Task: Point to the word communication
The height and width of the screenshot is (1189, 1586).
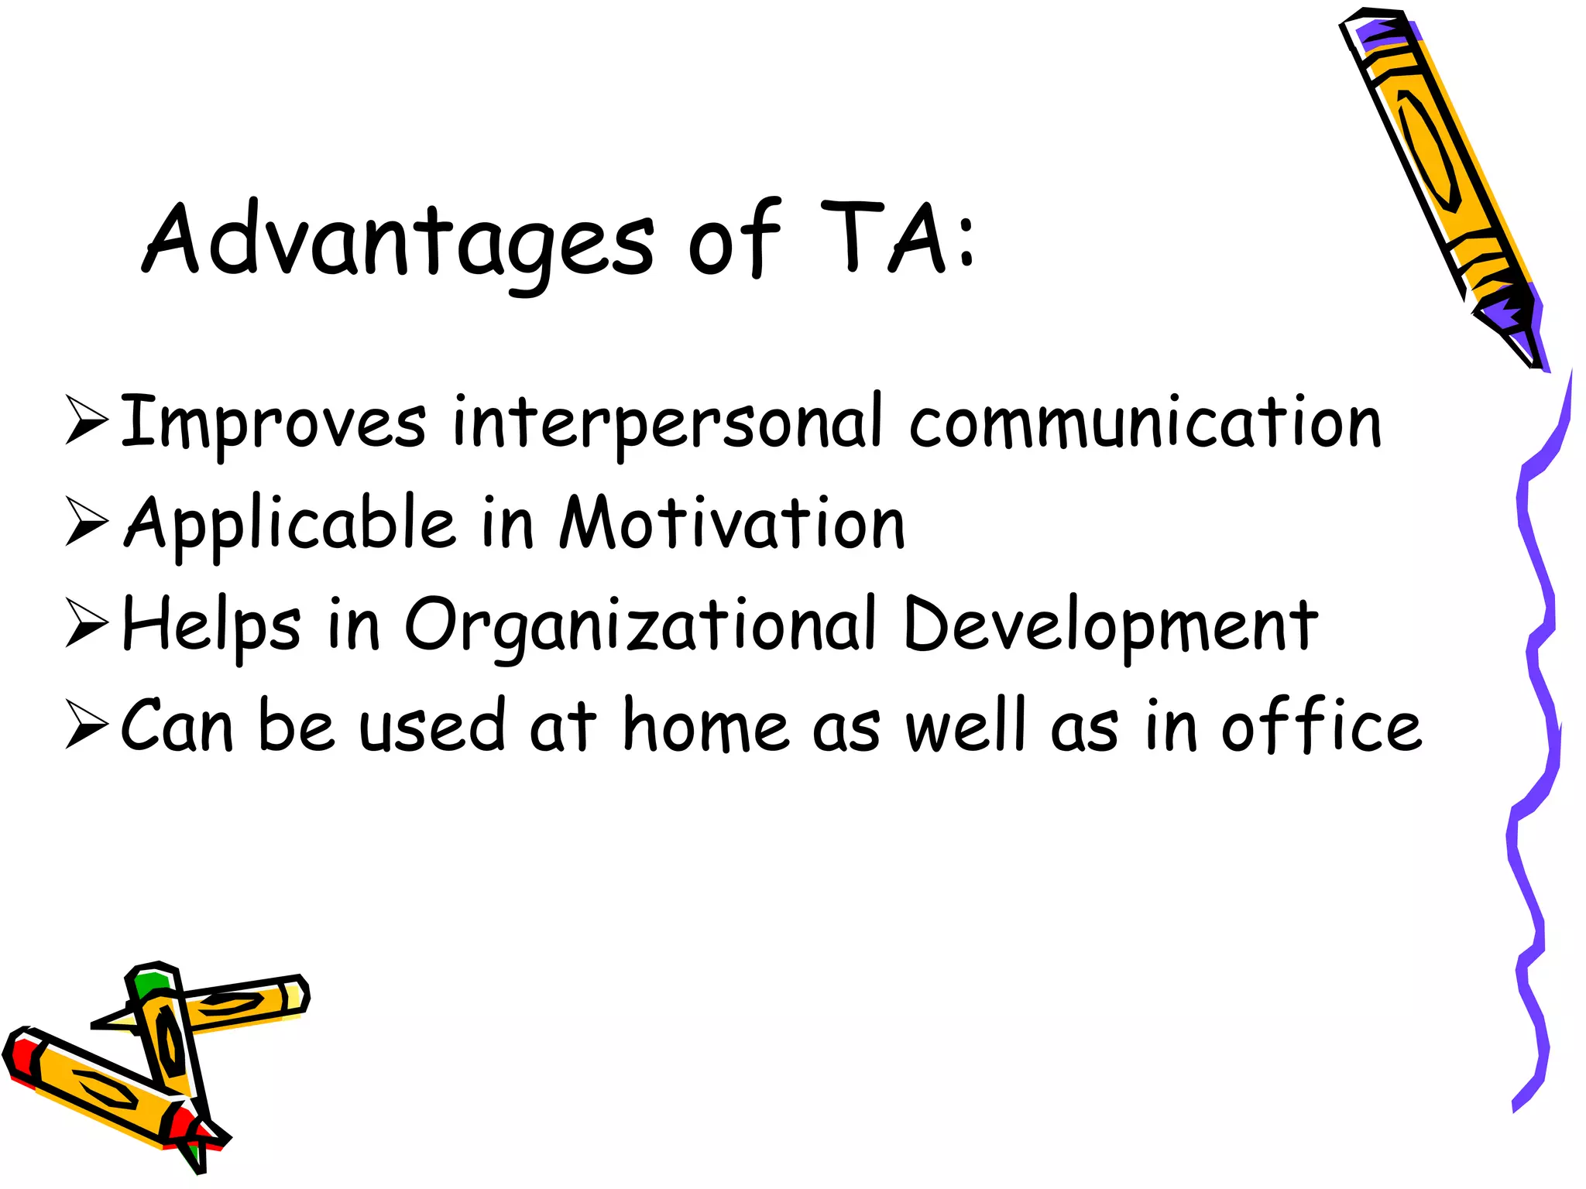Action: pos(1145,423)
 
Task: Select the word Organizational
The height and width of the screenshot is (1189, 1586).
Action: pos(640,625)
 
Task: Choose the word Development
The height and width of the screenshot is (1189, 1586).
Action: pos(1111,625)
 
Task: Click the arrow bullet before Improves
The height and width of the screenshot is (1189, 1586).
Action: pos(85,420)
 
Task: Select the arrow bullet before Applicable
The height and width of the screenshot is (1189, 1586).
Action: pos(85,521)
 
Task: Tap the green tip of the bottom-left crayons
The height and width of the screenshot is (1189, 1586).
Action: pos(150,985)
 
